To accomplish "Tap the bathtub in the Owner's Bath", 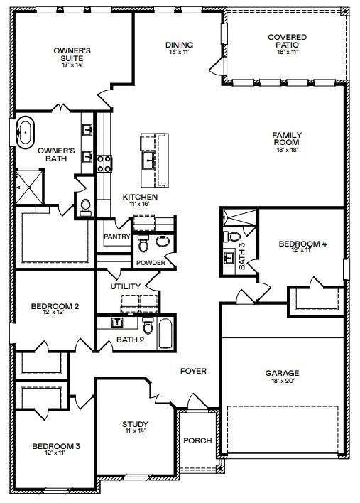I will (x=26, y=132).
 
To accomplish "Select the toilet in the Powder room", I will (x=143, y=244).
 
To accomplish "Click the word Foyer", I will (x=193, y=370).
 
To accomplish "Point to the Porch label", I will (x=197, y=440).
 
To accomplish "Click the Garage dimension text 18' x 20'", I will (x=282, y=381).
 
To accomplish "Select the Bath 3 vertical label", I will (x=241, y=256).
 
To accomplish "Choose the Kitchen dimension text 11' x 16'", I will (x=140, y=204).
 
